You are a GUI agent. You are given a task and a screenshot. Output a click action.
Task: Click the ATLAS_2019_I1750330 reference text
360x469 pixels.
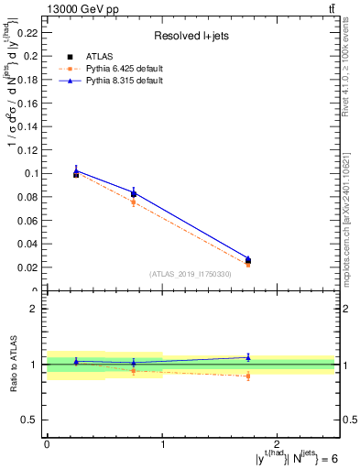tap(191, 274)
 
